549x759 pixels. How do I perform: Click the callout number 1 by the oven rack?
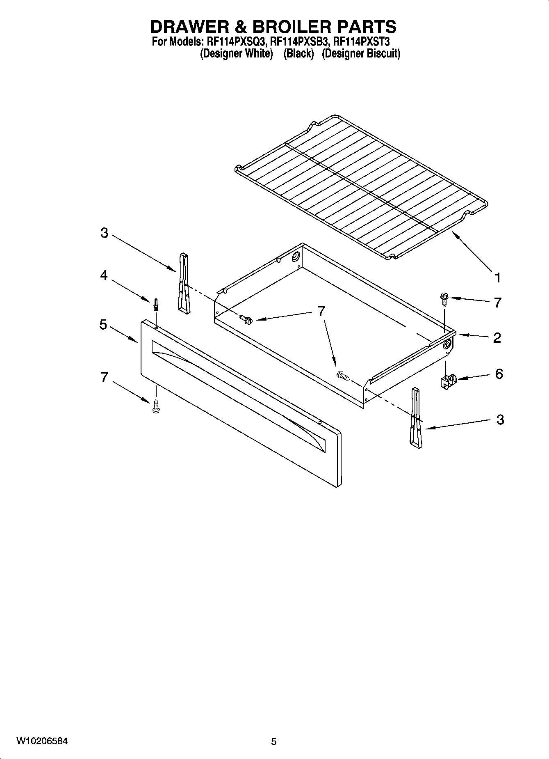click(x=497, y=278)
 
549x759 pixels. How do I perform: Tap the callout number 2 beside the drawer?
click(x=497, y=337)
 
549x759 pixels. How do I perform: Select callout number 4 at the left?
click(x=104, y=275)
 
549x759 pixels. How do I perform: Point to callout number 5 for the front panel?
click(x=103, y=324)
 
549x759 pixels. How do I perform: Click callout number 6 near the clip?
click(x=499, y=374)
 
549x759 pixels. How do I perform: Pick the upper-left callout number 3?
click(x=104, y=233)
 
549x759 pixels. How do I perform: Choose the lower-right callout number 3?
click(x=500, y=420)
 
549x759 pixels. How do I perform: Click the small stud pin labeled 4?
click(x=156, y=305)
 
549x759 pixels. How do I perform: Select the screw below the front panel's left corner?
click(x=155, y=406)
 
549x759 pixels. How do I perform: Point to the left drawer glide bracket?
click(x=183, y=283)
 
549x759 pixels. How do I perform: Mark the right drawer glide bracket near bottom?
click(x=415, y=417)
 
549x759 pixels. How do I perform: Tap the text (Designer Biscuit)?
click(x=361, y=54)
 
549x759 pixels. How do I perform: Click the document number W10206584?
click(x=42, y=741)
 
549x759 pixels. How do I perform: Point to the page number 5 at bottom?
click(x=274, y=742)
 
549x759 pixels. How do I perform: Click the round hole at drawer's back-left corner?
click(x=296, y=257)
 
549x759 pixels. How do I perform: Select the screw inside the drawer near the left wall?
click(x=246, y=318)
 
